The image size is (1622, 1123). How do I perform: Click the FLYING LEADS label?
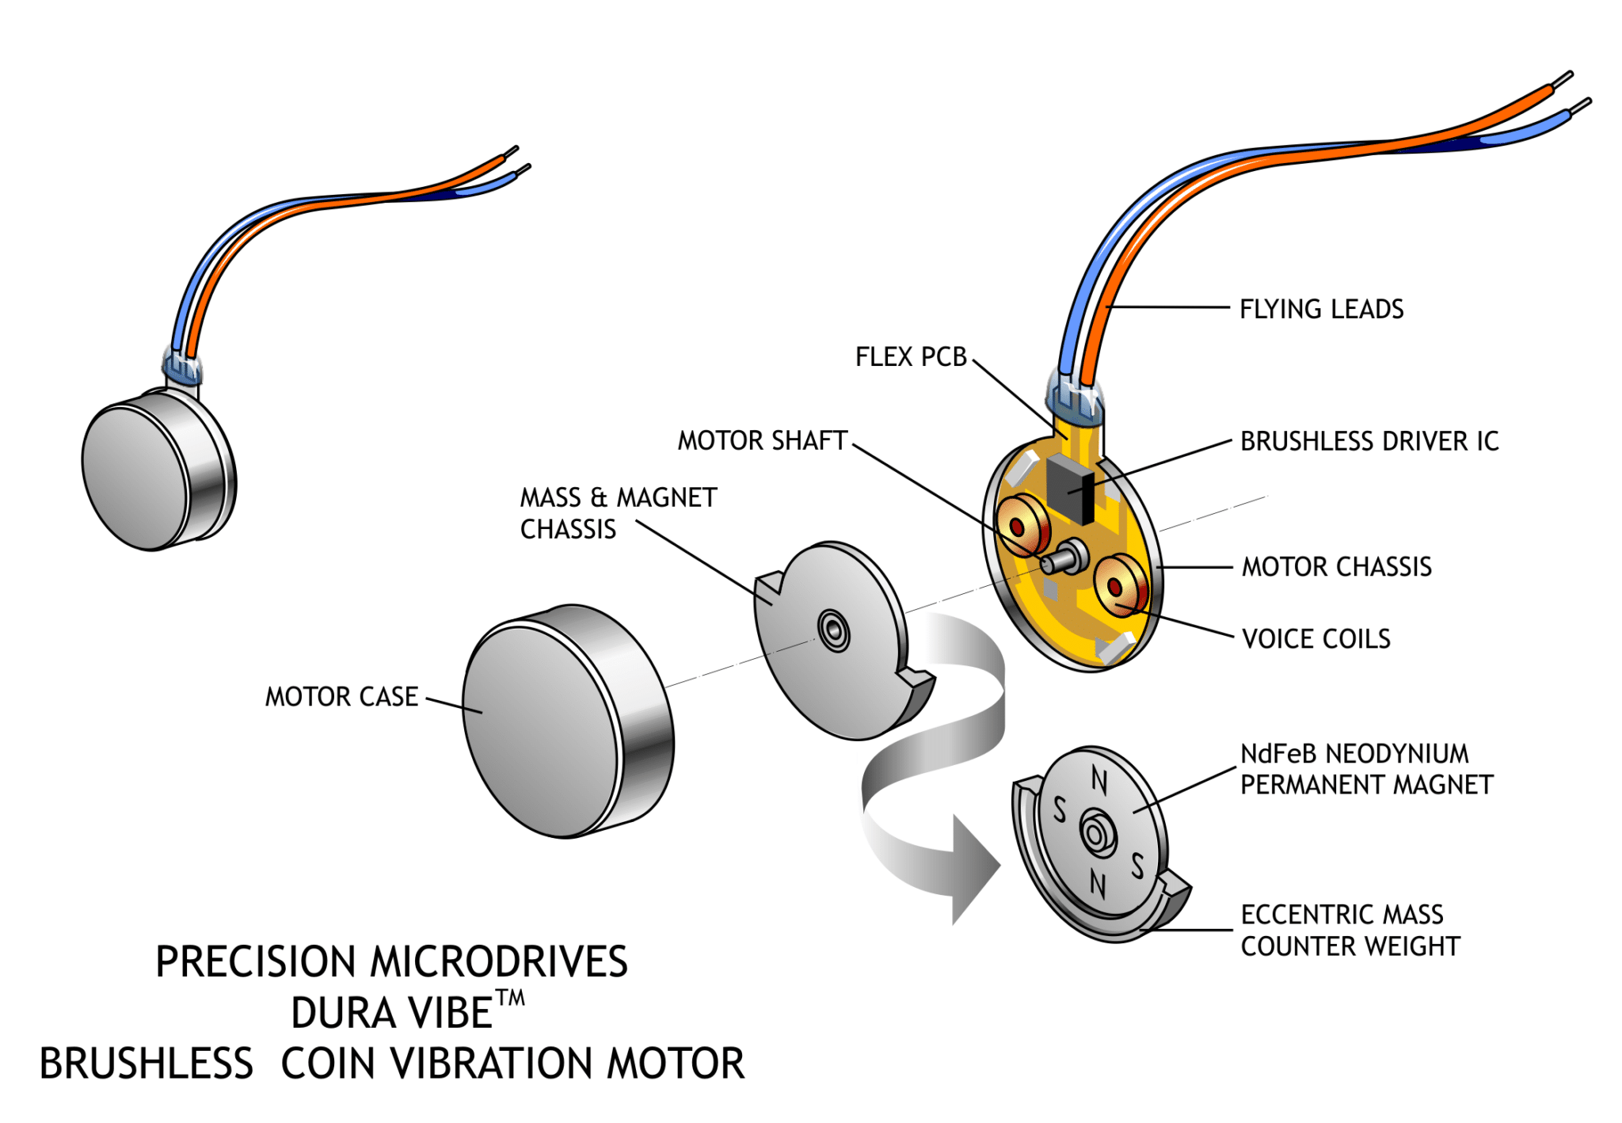(x=1320, y=309)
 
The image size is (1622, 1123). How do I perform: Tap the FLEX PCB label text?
(x=910, y=357)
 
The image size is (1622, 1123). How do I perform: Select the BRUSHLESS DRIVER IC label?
(x=1369, y=441)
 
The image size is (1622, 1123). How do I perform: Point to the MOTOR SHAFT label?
(x=762, y=440)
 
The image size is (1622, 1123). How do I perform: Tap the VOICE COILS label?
(x=1315, y=639)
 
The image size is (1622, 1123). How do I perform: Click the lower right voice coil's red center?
(x=1115, y=587)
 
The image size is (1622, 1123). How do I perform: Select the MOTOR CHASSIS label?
(x=1336, y=567)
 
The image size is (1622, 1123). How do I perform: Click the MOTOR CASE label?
(x=341, y=697)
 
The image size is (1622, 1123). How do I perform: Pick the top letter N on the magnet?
(x=1099, y=780)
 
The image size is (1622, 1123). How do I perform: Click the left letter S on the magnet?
(x=1060, y=810)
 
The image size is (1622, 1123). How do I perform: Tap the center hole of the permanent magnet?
(x=1096, y=834)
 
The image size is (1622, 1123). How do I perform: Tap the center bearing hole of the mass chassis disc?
(x=833, y=631)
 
